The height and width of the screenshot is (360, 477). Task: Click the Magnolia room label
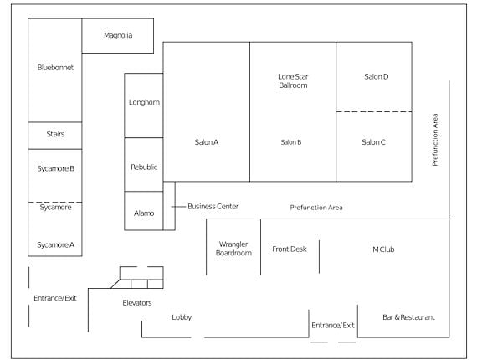point(118,36)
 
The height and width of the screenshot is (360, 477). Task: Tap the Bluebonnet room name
point(55,68)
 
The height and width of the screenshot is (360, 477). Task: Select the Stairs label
point(55,134)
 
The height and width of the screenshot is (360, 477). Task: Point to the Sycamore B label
point(56,168)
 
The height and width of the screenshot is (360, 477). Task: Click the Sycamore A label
point(56,245)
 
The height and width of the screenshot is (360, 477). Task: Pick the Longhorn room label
point(144,102)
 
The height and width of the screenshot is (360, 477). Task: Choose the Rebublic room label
point(144,167)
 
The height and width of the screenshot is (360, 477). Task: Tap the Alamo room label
point(144,213)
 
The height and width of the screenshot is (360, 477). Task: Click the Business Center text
point(213,206)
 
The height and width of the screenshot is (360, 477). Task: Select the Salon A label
point(207,142)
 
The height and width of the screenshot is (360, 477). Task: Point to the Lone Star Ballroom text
point(293,81)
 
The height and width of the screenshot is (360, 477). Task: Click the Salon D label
point(377,77)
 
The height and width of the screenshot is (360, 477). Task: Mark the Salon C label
point(373,142)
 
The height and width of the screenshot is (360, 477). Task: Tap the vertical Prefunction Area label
point(435,140)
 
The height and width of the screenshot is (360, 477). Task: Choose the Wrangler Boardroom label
point(233,249)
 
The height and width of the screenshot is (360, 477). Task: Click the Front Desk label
point(290,249)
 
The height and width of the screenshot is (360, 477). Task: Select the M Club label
point(383,249)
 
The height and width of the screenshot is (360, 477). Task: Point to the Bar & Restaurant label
point(408,317)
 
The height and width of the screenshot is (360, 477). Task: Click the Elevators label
point(137,303)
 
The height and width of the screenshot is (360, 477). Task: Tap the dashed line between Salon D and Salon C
point(374,111)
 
